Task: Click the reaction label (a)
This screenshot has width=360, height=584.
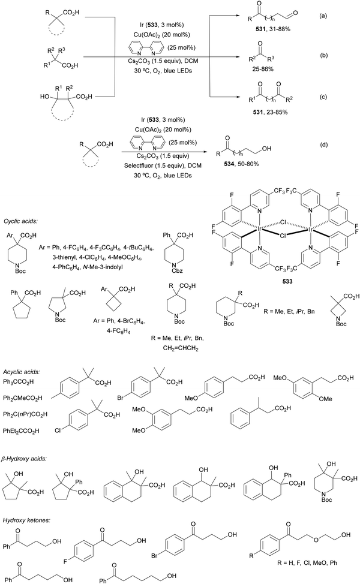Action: (x=322, y=16)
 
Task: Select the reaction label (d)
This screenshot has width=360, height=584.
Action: (x=322, y=145)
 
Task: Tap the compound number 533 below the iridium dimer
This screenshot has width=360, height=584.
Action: (x=287, y=282)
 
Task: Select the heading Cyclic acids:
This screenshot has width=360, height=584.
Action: (x=21, y=221)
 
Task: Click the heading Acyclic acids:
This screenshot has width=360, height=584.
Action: (x=22, y=372)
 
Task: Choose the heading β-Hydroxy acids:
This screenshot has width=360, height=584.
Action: (x=25, y=459)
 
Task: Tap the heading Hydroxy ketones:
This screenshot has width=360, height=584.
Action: (x=25, y=520)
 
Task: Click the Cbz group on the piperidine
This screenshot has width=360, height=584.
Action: (x=178, y=271)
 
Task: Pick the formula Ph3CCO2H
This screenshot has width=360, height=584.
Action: (x=18, y=382)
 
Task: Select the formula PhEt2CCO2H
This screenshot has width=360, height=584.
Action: (x=21, y=431)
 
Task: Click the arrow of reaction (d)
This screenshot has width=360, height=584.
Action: (x=164, y=152)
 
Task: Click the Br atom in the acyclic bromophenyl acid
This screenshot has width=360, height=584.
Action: (x=121, y=398)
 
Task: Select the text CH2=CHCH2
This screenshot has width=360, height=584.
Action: (x=181, y=349)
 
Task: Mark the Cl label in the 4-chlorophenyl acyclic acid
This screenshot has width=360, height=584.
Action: (x=58, y=431)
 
